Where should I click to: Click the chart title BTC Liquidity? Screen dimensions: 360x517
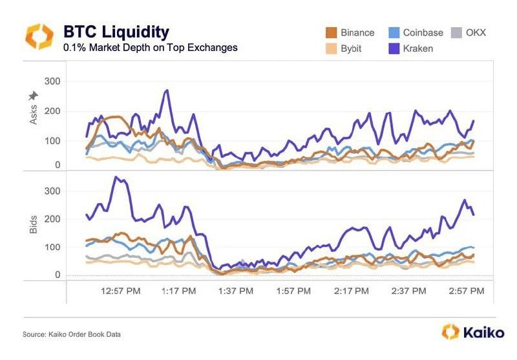click(x=116, y=32)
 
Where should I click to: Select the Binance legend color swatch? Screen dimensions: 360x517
click(x=331, y=32)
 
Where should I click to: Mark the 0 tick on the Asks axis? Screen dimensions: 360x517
click(x=58, y=165)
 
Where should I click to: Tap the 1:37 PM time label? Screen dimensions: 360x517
click(x=235, y=291)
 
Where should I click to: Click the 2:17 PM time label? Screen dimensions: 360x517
click(x=352, y=291)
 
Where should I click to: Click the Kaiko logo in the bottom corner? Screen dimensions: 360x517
click(x=468, y=332)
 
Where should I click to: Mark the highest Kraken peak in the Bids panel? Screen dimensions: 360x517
click(x=116, y=176)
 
